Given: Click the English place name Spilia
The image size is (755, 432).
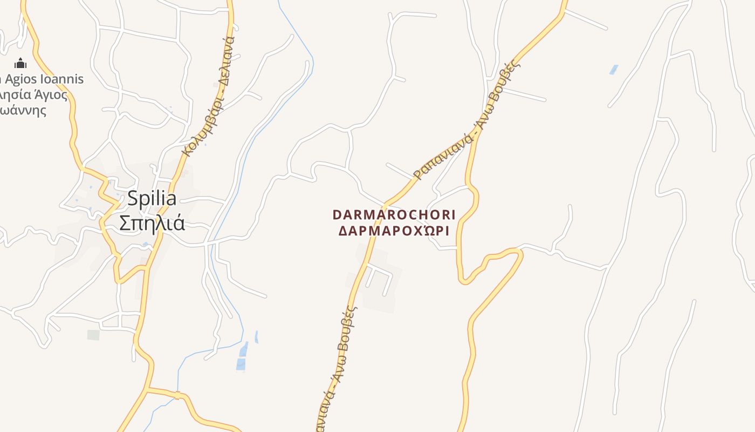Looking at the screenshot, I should [152, 199].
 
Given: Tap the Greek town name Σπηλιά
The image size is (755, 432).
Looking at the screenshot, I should [152, 222].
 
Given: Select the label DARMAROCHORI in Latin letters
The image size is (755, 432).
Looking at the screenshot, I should [394, 215].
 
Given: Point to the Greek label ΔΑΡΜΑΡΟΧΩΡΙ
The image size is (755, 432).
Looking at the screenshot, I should [394, 231].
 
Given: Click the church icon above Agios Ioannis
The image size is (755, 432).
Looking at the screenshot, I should [20, 63].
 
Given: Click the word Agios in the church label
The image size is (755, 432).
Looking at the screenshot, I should [20, 79].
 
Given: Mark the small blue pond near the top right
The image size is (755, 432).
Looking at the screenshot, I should [614, 70].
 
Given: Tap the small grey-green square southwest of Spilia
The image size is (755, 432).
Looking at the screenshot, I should [93, 335].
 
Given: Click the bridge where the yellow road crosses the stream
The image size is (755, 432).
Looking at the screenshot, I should [177, 395].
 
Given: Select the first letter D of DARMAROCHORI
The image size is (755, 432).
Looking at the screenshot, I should [337, 215].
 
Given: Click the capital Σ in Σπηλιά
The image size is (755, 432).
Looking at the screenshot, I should [125, 222].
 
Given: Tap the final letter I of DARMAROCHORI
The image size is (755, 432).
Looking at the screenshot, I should [453, 215].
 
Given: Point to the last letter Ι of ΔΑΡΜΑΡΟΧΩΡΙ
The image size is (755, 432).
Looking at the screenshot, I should [447, 231].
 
